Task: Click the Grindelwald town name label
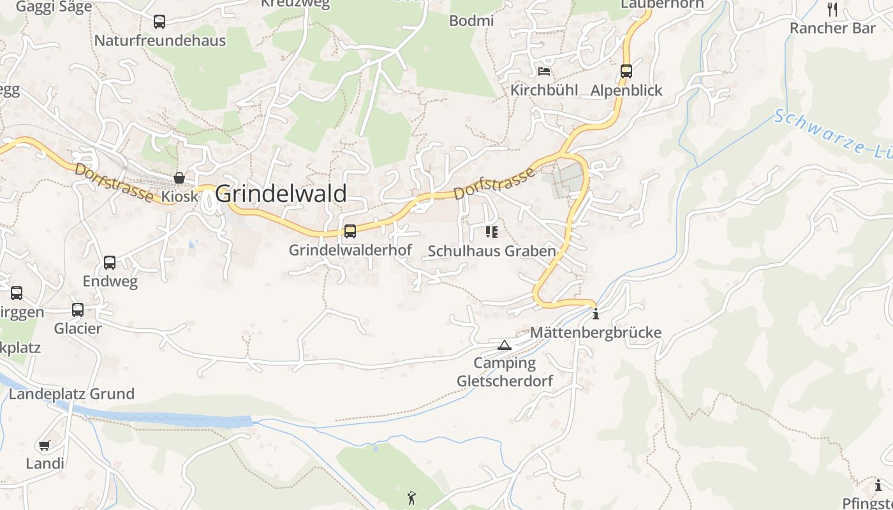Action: [x=281, y=194]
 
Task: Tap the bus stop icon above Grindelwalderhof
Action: [x=350, y=231]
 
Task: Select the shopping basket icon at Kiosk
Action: [x=179, y=178]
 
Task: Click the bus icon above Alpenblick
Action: [x=626, y=71]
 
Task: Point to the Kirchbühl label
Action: [x=544, y=91]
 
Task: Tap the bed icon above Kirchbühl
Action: [x=544, y=71]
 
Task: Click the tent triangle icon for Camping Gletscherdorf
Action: [x=505, y=346]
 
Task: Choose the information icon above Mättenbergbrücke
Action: [x=596, y=314]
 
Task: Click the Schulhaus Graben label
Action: [x=492, y=251]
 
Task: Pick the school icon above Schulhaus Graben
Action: [x=491, y=231]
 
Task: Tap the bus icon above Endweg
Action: [x=110, y=263]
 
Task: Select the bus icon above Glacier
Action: [x=78, y=310]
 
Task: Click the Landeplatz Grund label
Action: [x=71, y=394]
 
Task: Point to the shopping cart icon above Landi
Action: [x=45, y=445]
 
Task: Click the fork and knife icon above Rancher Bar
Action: [x=832, y=9]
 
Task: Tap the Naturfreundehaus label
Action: [x=160, y=41]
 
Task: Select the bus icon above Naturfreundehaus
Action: [x=159, y=22]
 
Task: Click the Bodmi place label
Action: [x=472, y=21]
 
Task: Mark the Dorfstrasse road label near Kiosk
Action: [x=114, y=182]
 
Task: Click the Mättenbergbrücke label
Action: [x=596, y=333]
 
